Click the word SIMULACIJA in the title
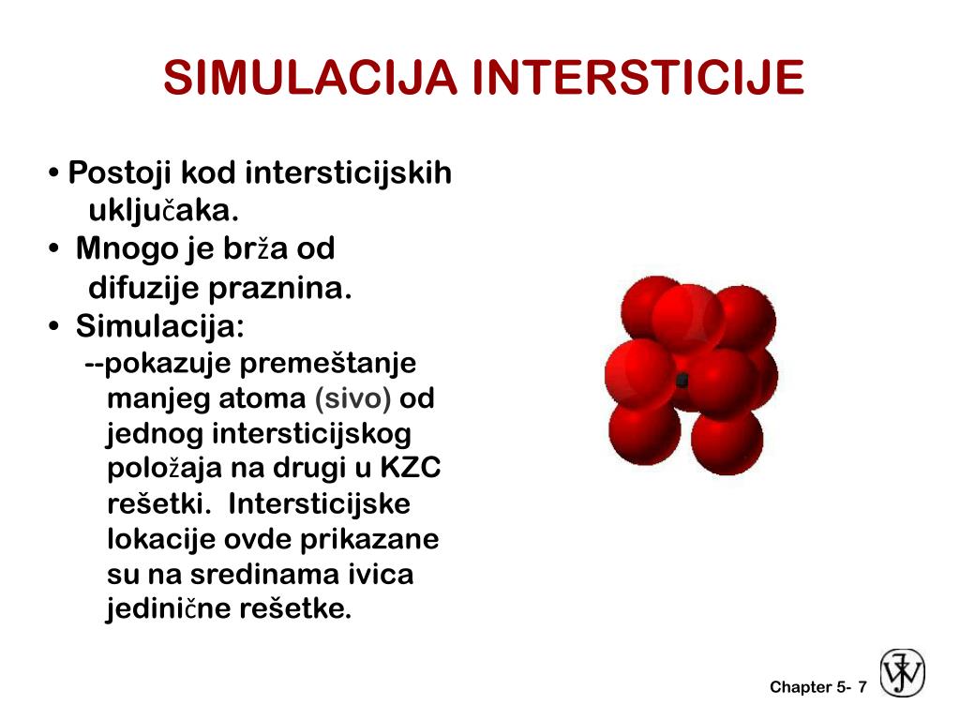[310, 78]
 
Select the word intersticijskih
[349, 173]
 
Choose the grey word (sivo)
[352, 398]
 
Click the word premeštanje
[328, 363]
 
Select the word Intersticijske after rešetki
[319, 504]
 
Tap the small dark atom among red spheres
[682, 381]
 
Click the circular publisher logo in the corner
[902, 673]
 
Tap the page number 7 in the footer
[862, 687]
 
